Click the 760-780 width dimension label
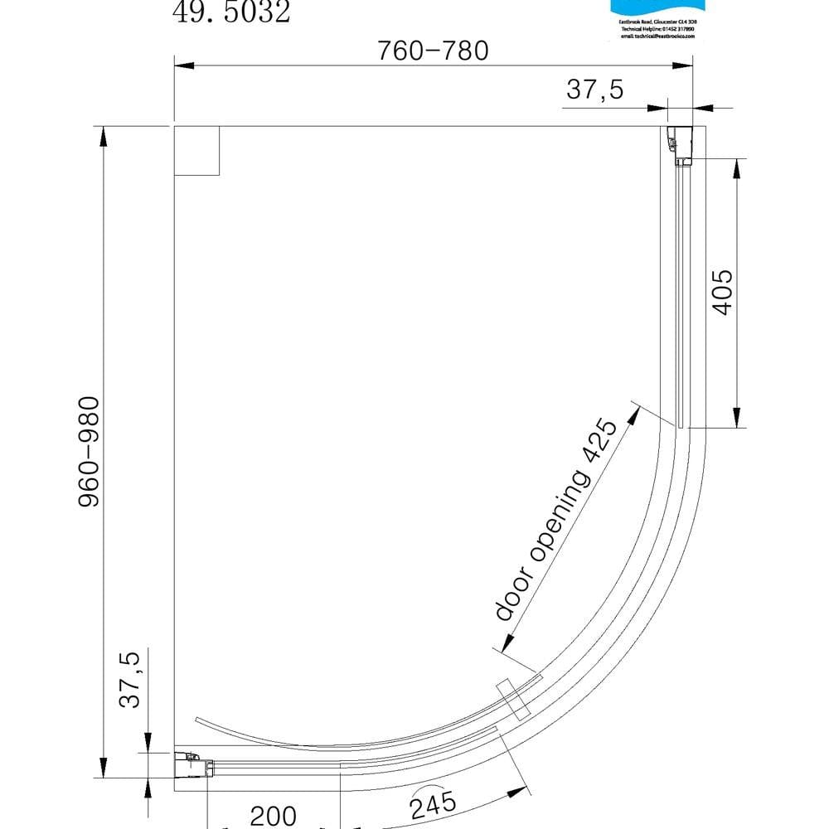(433, 51)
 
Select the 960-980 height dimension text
(89, 453)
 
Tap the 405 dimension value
(722, 292)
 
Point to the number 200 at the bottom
(273, 816)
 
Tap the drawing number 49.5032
(231, 12)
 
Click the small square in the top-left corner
(196, 150)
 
